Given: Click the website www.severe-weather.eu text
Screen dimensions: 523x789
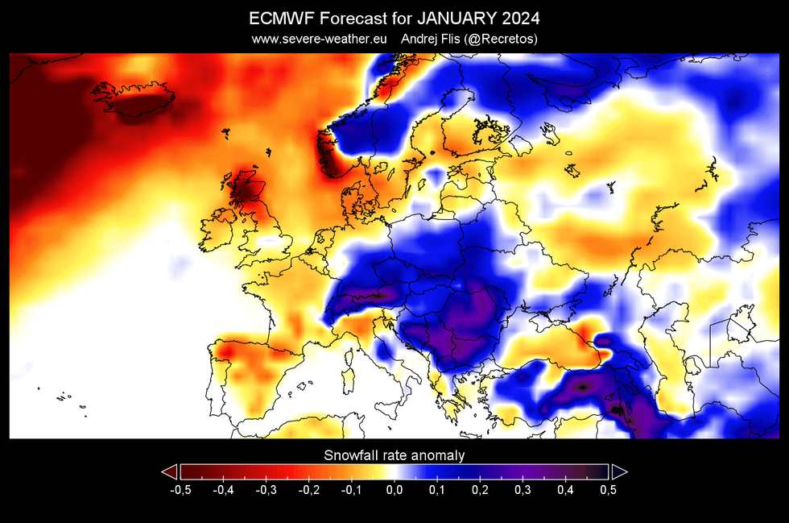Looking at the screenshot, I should click(x=320, y=38).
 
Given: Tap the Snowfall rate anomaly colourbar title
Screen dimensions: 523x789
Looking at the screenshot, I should click(x=394, y=455).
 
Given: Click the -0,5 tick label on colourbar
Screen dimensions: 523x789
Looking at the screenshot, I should click(x=180, y=488).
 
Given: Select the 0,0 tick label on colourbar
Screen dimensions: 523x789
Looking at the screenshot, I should click(x=394, y=488).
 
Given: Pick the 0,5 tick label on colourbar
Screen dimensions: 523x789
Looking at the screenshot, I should click(x=608, y=488).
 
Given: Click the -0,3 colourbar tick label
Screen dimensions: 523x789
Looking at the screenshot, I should click(x=266, y=488).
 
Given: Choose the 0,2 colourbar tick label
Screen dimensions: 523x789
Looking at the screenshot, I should click(x=480, y=488).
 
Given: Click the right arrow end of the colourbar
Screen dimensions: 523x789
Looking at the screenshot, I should click(x=619, y=472).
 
